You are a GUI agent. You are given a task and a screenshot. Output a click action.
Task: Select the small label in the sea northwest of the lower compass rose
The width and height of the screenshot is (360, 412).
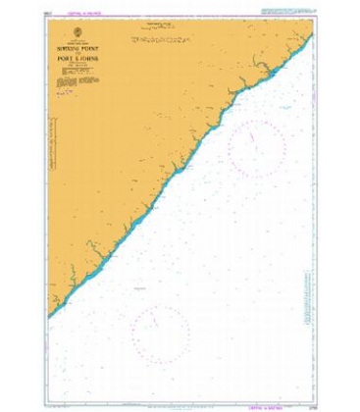(137, 291)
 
